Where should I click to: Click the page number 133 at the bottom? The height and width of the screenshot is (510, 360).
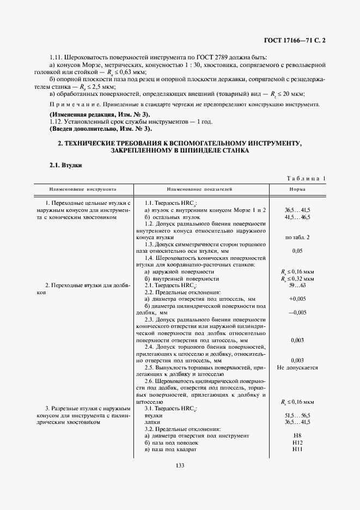pyautogui.click(x=180, y=465)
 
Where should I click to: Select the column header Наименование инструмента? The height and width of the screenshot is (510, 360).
pyautogui.click(x=83, y=189)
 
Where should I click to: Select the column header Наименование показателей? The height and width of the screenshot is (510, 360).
pyautogui.click(x=199, y=189)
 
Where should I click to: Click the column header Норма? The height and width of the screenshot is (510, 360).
pyautogui.click(x=297, y=189)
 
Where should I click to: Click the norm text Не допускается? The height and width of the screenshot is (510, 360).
pyautogui.click(x=297, y=368)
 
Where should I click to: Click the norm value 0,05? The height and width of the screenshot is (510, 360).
pyautogui.click(x=297, y=251)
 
